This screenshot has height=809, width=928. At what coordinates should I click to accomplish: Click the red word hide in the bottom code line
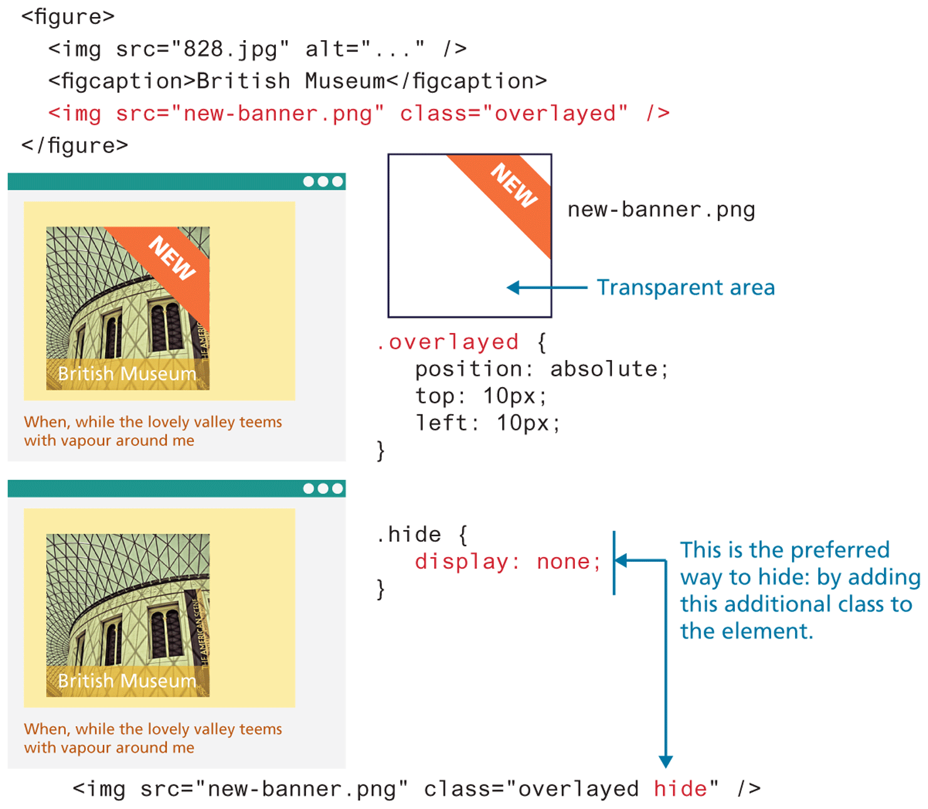[680, 788]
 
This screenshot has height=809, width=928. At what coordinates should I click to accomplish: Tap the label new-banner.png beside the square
[661, 209]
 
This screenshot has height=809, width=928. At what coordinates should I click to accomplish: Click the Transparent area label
[685, 287]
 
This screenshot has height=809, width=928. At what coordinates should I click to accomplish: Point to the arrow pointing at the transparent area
[546, 288]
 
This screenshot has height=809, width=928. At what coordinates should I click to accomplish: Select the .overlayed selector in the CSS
[448, 342]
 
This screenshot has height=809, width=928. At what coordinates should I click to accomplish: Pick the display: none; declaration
[507, 561]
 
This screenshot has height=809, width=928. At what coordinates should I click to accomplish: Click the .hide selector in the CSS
[409, 534]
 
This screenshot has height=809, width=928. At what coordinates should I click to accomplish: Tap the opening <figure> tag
[68, 16]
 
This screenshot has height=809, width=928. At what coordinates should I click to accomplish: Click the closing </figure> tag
[75, 145]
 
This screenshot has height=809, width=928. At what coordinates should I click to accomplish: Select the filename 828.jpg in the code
[229, 49]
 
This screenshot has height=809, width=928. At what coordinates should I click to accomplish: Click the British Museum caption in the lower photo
[127, 680]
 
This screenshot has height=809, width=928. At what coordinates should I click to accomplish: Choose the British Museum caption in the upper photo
[127, 374]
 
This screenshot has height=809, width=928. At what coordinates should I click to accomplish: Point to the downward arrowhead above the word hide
[666, 761]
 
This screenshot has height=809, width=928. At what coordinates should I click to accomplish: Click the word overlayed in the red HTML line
[554, 114]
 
